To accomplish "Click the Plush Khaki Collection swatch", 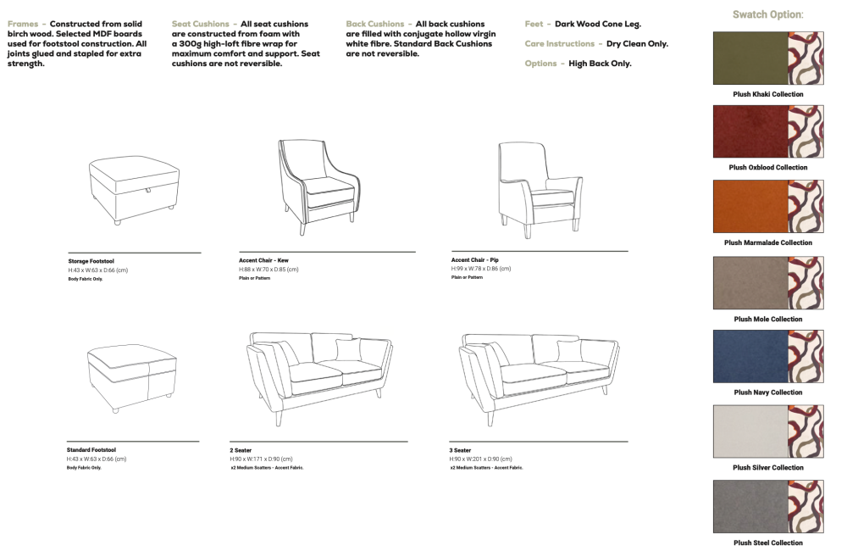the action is pyautogui.click(x=768, y=58).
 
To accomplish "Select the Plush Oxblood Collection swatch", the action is pyautogui.click(x=768, y=131).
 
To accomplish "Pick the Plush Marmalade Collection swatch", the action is pyautogui.click(x=768, y=207).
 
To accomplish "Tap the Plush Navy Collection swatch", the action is pyautogui.click(x=768, y=356).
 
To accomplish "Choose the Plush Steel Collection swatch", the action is pyautogui.click(x=768, y=507).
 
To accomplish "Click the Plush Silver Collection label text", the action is pyautogui.click(x=768, y=468).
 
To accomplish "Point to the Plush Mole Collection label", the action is pyautogui.click(x=768, y=319).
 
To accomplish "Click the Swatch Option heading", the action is pyautogui.click(x=767, y=14).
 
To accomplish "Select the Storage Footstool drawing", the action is pyautogui.click(x=134, y=190).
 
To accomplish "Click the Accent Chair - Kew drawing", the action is pyautogui.click(x=318, y=187).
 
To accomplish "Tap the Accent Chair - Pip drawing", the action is pyautogui.click(x=540, y=190).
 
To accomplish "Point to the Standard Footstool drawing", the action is pyautogui.click(x=132, y=378).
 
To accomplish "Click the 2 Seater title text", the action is pyautogui.click(x=241, y=450).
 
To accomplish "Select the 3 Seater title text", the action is pyautogui.click(x=460, y=450).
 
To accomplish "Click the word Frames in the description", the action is pyautogui.click(x=23, y=24).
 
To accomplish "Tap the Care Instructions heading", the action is pyautogui.click(x=559, y=44).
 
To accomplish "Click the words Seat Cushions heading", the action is pyautogui.click(x=201, y=24).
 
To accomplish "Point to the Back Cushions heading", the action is pyautogui.click(x=375, y=24).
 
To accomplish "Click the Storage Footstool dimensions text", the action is pyautogui.click(x=97, y=270).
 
